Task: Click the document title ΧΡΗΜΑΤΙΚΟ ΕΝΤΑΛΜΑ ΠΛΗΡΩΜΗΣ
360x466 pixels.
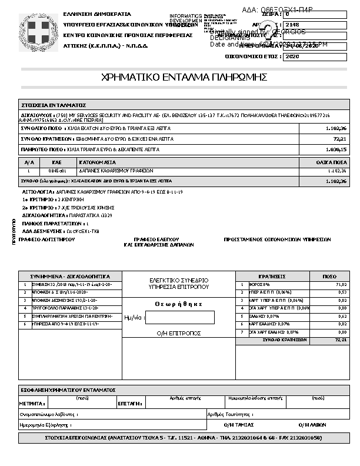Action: tap(184, 77)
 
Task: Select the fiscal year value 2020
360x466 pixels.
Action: tap(292, 57)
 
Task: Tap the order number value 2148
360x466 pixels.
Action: tap(292, 25)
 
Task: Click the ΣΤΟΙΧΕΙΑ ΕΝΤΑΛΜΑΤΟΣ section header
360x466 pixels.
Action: tap(54, 104)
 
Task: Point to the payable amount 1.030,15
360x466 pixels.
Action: tap(336, 149)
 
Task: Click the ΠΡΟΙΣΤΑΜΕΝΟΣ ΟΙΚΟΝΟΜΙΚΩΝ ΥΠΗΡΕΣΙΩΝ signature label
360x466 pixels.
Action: tap(277, 239)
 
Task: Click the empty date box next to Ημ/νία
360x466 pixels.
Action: tap(179, 318)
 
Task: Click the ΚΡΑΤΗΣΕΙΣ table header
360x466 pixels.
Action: tap(272, 276)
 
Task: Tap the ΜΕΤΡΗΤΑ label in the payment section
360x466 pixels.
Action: tap(32, 404)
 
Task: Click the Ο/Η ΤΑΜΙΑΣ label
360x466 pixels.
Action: tap(239, 424)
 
